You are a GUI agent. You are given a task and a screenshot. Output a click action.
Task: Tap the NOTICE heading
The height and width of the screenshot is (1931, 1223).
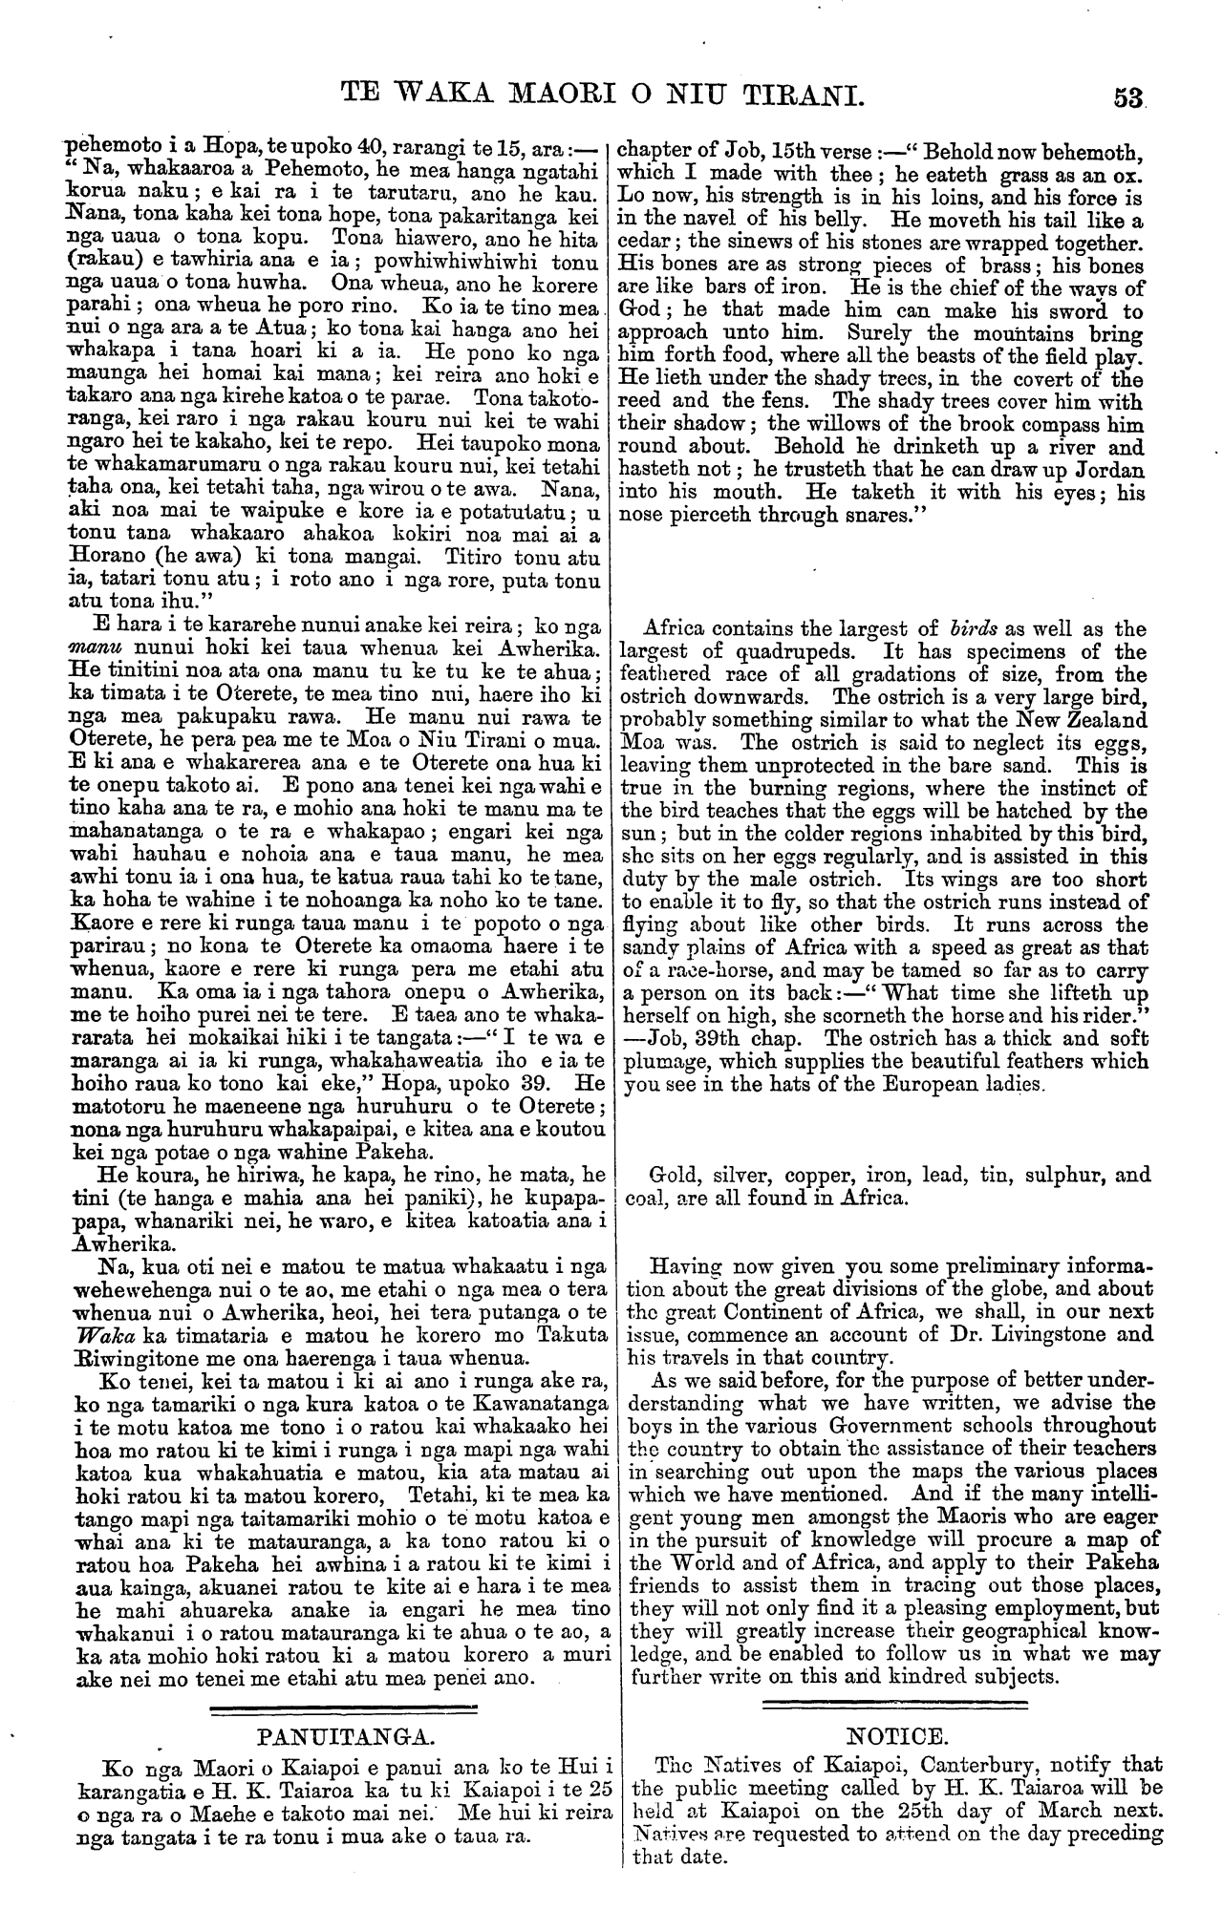coord(896,1735)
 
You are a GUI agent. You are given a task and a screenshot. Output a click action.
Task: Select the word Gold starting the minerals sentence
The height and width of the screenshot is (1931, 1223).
coord(671,1175)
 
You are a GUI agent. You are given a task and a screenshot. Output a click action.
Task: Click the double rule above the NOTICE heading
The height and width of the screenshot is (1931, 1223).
coord(895,1706)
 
